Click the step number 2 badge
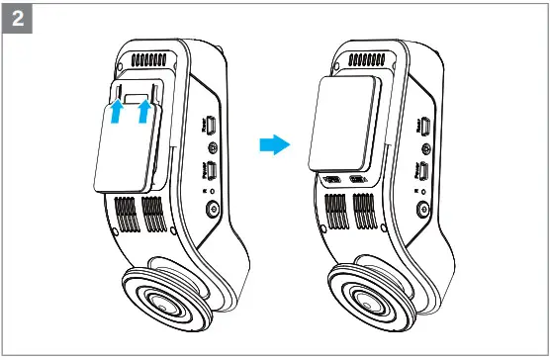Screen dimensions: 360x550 point(19,19)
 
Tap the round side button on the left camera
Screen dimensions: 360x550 point(211,210)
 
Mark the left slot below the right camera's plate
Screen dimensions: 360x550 point(333,181)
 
